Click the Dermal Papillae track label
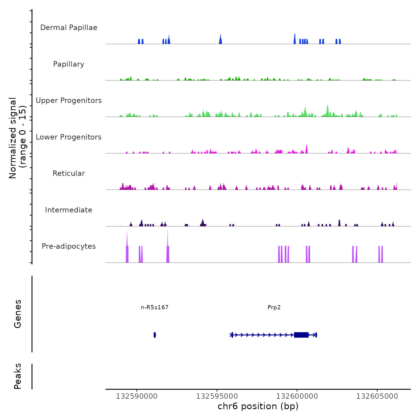[x=69, y=28]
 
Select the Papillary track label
[x=69, y=64]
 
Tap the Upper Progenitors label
[x=69, y=100]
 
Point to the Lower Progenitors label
[x=69, y=137]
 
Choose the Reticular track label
[x=69, y=173]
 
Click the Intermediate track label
[x=69, y=210]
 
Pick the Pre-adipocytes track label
[x=69, y=246]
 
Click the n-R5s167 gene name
[x=154, y=307]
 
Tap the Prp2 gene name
[x=274, y=307]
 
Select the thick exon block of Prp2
[x=301, y=335]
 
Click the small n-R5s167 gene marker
[x=154, y=335]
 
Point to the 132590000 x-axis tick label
[x=136, y=396]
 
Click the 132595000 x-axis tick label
[x=217, y=396]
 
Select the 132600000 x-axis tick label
[x=297, y=396]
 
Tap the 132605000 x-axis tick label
[x=377, y=396]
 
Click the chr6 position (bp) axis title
[x=258, y=406]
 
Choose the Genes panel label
[x=18, y=314]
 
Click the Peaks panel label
[x=18, y=376]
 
